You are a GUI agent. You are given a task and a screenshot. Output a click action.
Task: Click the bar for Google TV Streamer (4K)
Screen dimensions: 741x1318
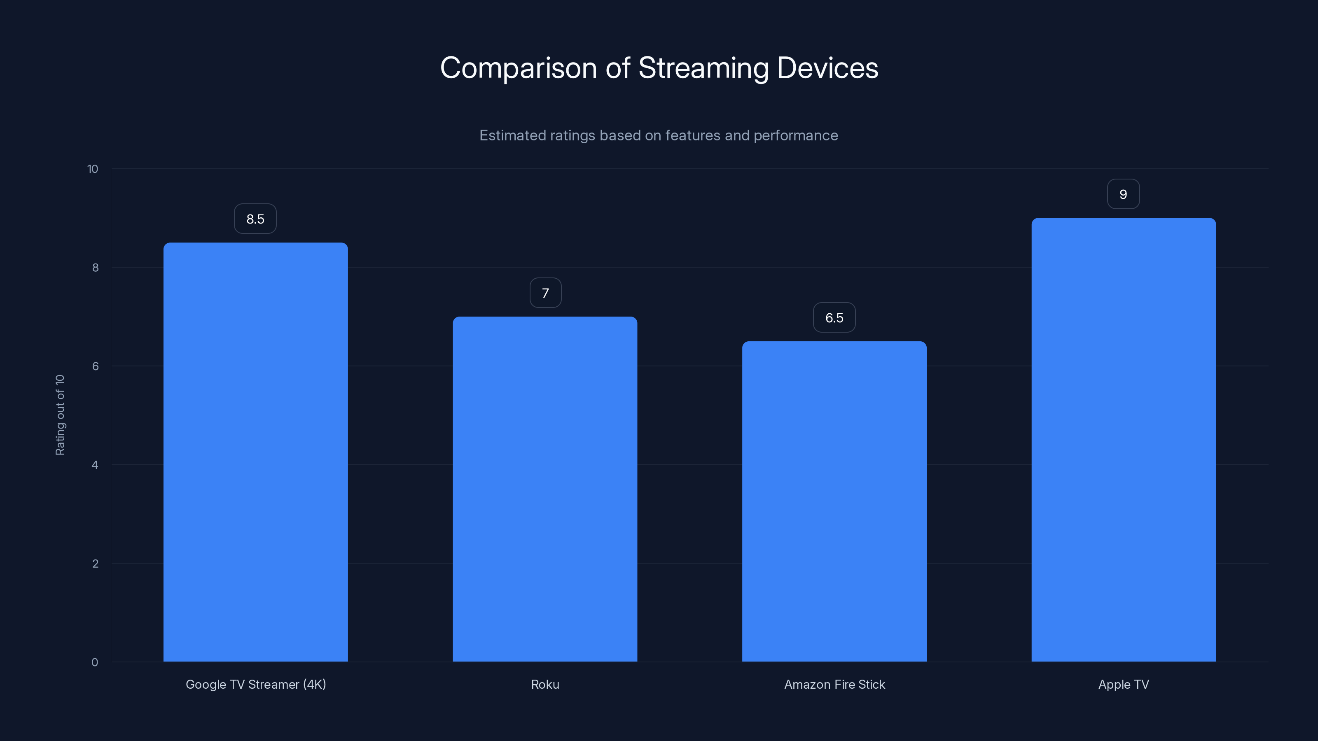(x=255, y=452)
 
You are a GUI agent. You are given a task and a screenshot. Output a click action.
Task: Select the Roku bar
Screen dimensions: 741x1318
(x=545, y=489)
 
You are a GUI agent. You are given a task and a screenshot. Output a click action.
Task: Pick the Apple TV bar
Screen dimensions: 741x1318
(x=1123, y=440)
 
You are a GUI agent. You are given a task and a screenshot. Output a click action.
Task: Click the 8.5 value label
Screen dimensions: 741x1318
(x=255, y=219)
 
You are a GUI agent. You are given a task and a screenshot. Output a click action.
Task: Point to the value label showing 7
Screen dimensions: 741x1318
(x=545, y=293)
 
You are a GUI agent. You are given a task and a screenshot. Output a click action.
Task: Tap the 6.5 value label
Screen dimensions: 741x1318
(x=834, y=317)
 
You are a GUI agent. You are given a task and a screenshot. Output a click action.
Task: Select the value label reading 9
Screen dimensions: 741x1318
(x=1123, y=194)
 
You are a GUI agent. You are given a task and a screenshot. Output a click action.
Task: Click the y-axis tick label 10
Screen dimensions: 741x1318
(x=93, y=169)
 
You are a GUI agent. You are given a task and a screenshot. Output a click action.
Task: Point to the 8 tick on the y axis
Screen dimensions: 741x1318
(x=95, y=268)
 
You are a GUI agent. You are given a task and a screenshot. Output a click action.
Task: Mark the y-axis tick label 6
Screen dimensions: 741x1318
(x=95, y=366)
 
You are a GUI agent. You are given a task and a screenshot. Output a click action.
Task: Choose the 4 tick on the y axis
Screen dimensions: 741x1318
(x=95, y=465)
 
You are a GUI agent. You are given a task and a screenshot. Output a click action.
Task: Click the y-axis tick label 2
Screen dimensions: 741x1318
(x=95, y=564)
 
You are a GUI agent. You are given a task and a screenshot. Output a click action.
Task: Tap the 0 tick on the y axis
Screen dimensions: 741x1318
(x=95, y=662)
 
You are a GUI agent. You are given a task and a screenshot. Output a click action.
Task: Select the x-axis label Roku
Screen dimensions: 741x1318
(x=545, y=684)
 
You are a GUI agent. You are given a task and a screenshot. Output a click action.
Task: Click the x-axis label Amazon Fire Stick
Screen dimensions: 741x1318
(x=834, y=684)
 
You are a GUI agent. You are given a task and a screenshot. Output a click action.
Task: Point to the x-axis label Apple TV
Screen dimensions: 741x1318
(x=1124, y=684)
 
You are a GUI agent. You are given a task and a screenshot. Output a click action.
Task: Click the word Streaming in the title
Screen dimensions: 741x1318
(x=703, y=68)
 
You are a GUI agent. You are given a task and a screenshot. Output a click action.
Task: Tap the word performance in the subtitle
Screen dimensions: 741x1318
(x=796, y=135)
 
